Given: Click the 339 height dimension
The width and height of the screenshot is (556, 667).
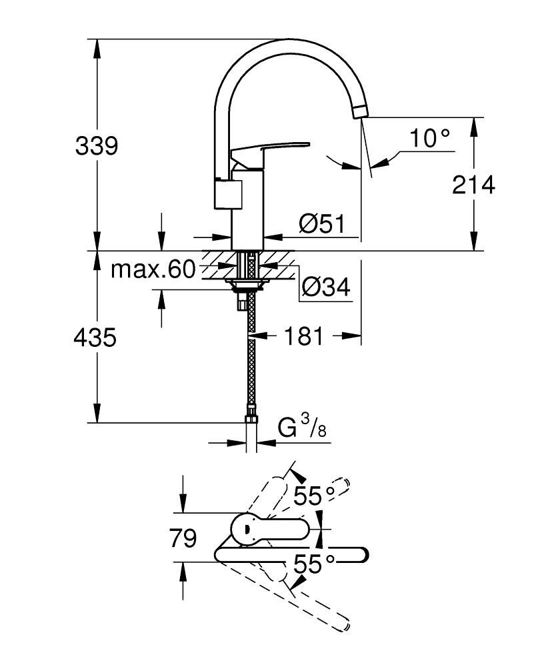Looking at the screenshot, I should (x=97, y=145).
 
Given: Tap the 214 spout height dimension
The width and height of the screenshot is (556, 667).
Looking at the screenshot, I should (x=474, y=185).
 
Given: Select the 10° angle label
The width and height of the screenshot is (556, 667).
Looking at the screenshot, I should (x=429, y=139).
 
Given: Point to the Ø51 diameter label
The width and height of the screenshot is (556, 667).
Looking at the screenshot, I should (x=321, y=224).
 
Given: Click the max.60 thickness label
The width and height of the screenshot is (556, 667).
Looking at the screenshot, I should (x=153, y=269).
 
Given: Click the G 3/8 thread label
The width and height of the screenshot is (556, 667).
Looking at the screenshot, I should (x=302, y=428).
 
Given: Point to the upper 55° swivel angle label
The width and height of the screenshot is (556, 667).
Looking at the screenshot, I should (x=313, y=495).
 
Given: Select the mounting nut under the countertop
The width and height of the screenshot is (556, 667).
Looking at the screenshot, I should (x=247, y=285).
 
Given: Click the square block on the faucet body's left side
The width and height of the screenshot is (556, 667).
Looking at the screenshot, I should (x=223, y=195).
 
